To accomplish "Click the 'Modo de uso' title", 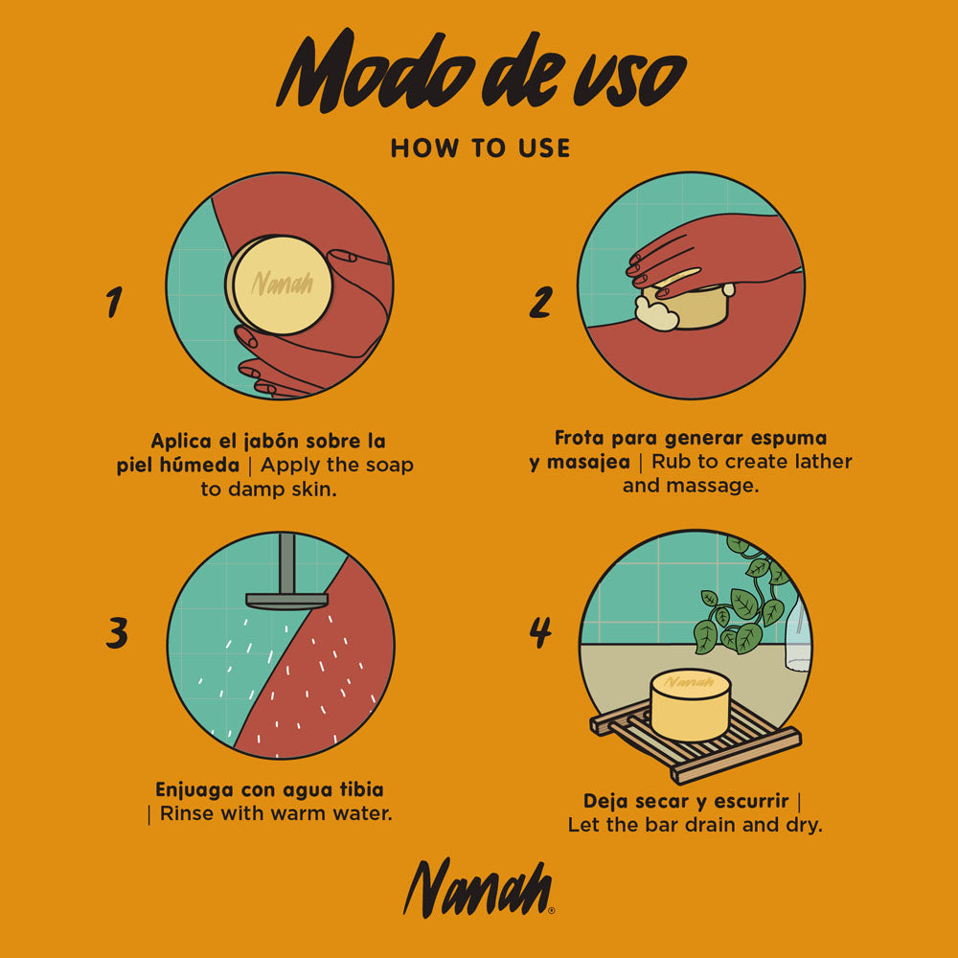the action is click(x=482, y=72).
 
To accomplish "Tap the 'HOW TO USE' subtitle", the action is click(x=481, y=148).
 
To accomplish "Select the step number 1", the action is click(x=114, y=302).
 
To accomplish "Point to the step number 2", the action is click(x=540, y=302).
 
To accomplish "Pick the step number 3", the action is click(x=117, y=632).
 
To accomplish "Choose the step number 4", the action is click(x=540, y=632).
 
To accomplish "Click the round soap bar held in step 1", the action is click(x=279, y=285).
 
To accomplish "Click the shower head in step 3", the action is click(x=286, y=601).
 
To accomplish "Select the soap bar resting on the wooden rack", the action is click(x=691, y=705).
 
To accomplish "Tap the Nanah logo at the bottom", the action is click(x=478, y=888).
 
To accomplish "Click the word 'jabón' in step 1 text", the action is click(x=271, y=441).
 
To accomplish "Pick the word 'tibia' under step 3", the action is click(x=362, y=789).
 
